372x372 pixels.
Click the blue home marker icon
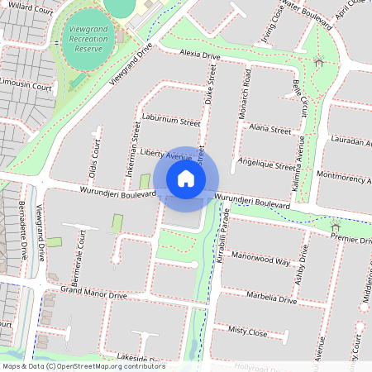[186, 179]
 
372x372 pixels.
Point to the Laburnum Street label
[170, 122]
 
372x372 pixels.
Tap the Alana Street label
[269, 130]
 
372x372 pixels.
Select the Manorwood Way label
[260, 260]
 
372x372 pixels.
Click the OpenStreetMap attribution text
[83, 366]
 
